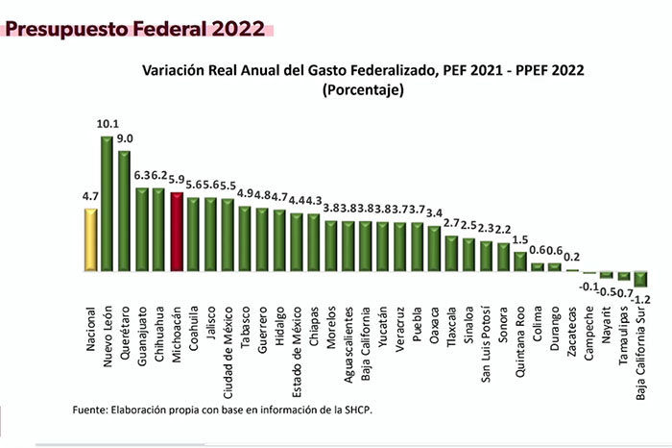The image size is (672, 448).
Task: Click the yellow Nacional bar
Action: point(91,240)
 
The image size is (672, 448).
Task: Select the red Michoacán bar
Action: point(177,232)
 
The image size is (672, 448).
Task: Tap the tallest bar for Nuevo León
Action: point(108,204)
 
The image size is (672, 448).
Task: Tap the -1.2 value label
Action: point(640,299)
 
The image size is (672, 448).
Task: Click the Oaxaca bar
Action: point(434,249)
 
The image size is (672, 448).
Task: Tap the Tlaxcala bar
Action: point(451,254)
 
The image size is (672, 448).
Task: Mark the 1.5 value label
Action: point(520,240)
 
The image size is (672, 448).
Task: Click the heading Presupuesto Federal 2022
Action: point(135,29)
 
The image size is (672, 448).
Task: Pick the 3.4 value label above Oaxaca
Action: point(434,213)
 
